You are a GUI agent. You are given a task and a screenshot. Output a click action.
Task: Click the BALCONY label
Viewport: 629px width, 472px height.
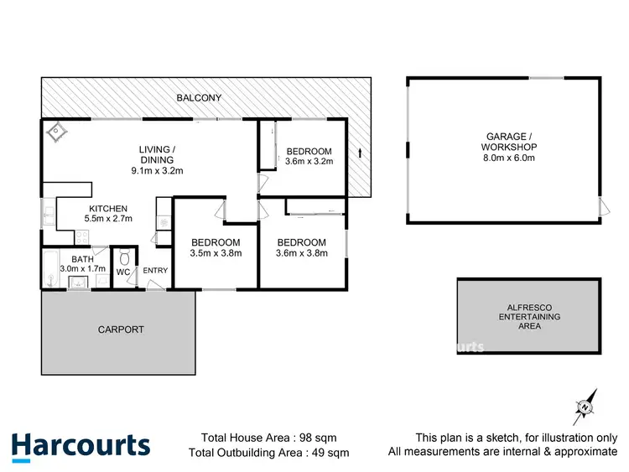[x=199, y=98]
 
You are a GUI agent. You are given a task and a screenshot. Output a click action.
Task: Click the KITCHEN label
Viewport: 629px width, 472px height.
[x=108, y=209]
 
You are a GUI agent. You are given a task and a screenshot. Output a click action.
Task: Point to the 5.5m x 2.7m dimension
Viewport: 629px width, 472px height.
[x=108, y=220]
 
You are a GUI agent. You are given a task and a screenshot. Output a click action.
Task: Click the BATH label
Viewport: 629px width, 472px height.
[x=82, y=260]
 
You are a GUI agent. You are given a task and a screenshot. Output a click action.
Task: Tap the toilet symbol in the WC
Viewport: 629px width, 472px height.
[x=123, y=257]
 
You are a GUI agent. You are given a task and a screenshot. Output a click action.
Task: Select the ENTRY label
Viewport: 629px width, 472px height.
[x=155, y=270]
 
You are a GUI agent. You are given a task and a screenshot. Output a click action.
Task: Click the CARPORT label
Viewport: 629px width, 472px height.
[x=122, y=329]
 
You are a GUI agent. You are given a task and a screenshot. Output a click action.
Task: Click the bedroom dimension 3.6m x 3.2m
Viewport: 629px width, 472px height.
[x=309, y=161]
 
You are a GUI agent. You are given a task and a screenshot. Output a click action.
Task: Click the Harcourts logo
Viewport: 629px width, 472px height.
[x=81, y=445]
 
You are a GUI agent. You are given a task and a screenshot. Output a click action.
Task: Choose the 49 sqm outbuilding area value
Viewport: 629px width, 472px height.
[x=332, y=453]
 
